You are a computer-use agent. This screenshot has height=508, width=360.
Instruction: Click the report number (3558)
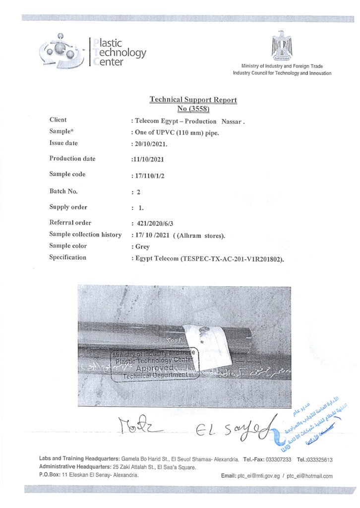click(x=194, y=109)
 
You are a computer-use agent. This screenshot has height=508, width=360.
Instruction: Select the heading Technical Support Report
click(x=193, y=100)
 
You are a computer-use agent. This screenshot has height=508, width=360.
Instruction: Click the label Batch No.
click(x=63, y=191)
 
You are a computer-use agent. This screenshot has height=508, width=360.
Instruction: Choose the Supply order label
click(x=68, y=207)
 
